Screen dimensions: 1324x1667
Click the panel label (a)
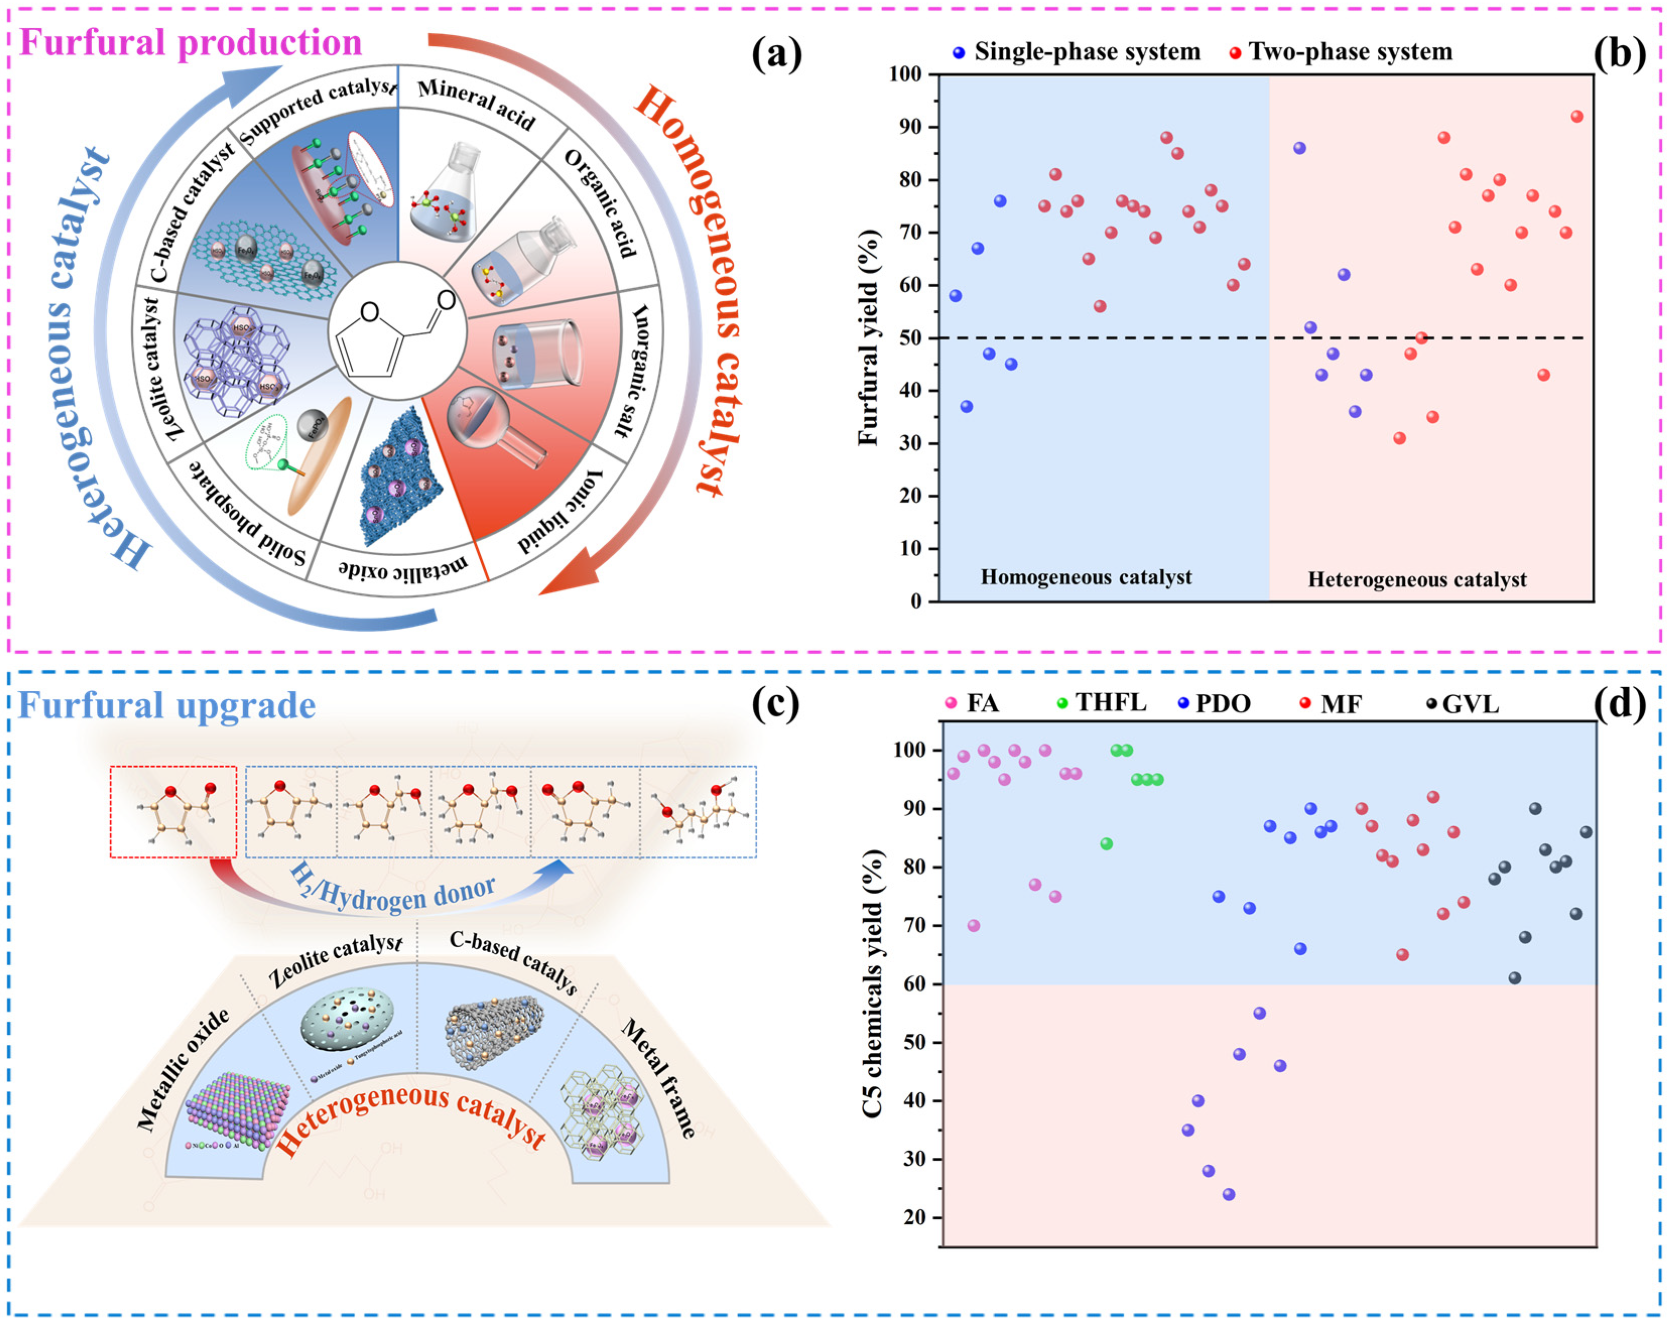(x=776, y=53)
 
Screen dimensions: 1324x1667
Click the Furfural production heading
(x=190, y=42)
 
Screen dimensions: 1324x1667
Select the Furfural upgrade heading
(x=167, y=705)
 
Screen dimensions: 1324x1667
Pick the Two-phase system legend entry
(x=1341, y=52)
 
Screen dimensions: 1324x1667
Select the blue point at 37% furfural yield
(x=967, y=407)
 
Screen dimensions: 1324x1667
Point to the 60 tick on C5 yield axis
(x=915, y=984)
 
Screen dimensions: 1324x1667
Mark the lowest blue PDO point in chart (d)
(x=1229, y=1194)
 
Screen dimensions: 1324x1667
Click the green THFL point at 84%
(x=1107, y=843)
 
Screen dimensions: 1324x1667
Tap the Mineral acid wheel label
(x=476, y=104)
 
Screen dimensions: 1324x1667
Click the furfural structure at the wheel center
(x=398, y=331)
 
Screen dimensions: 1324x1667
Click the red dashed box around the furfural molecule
(x=173, y=812)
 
